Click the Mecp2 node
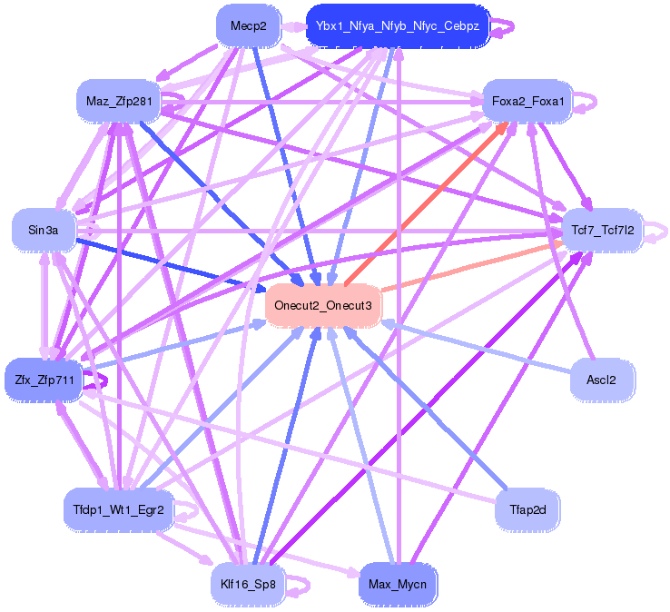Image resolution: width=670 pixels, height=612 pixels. pyautogui.click(x=248, y=26)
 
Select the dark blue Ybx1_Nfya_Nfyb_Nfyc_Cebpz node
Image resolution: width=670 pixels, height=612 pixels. pyautogui.click(x=398, y=26)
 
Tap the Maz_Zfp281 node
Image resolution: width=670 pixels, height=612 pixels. pyautogui.click(x=118, y=101)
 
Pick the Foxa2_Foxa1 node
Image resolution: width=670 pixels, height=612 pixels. pyautogui.click(x=527, y=101)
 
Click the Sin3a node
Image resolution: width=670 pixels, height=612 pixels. pyautogui.click(x=44, y=231)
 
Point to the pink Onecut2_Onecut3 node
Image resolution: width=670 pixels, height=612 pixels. pyautogui.click(x=323, y=305)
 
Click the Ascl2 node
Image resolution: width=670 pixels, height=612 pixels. pyautogui.click(x=602, y=379)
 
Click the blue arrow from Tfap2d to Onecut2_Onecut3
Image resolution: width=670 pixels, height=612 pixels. pyautogui.click(x=427, y=412)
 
